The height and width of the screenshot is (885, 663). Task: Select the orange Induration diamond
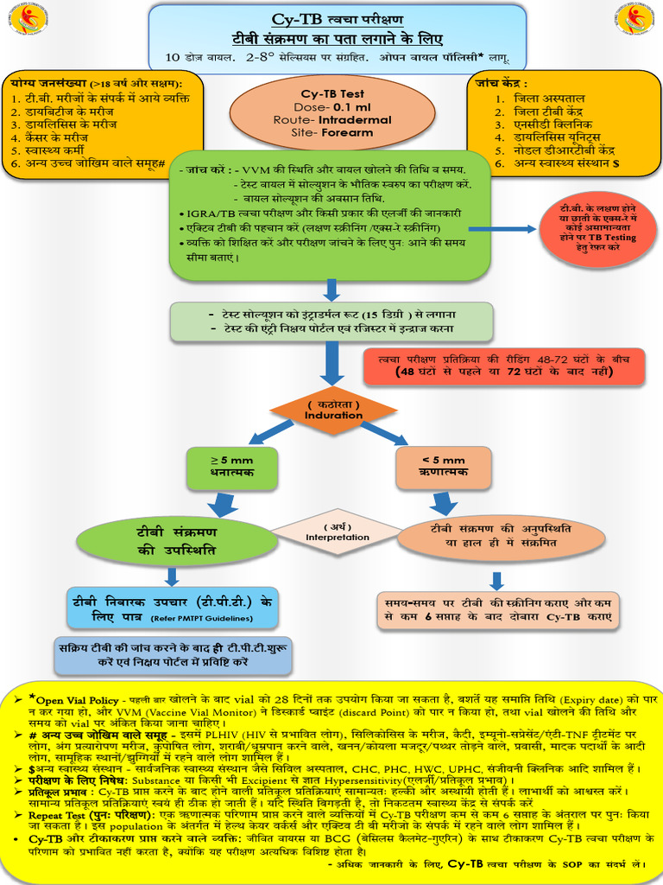click(333, 411)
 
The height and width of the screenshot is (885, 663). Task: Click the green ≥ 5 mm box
click(220, 467)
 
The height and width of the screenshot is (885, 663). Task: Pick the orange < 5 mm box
click(443, 467)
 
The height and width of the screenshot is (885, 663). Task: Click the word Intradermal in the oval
click(354, 120)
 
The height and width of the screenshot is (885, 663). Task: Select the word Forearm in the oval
click(344, 133)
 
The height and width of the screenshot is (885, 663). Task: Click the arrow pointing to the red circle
click(502, 229)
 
